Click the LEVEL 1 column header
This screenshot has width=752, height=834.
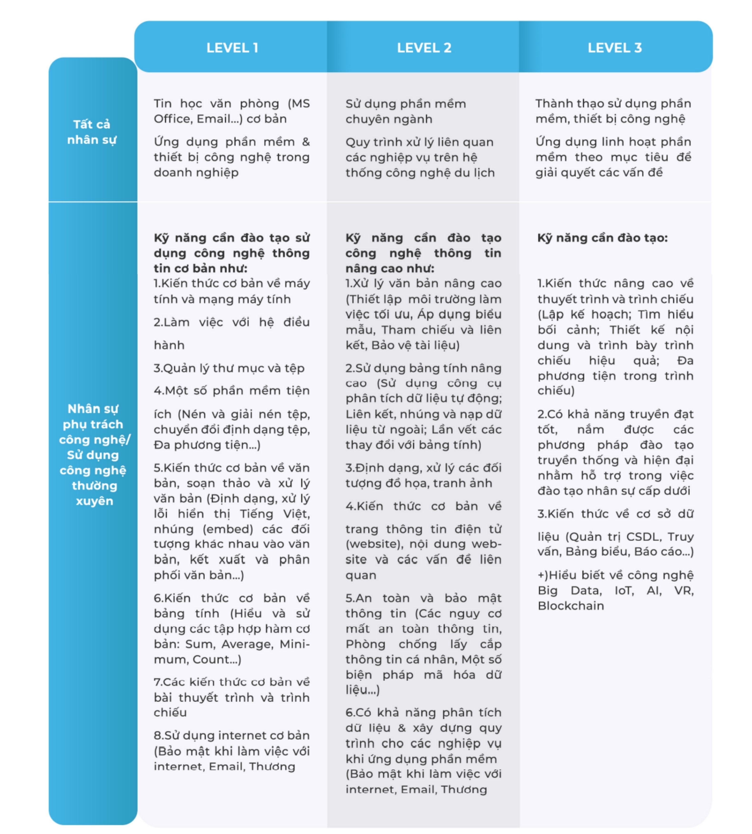pyautogui.click(x=232, y=48)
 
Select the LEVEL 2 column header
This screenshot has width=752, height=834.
pyautogui.click(x=424, y=48)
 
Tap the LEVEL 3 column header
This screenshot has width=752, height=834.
pyautogui.click(x=615, y=48)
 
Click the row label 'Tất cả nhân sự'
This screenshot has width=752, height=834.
pyautogui.click(x=92, y=132)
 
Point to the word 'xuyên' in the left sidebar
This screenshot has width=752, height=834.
pyautogui.click(x=94, y=501)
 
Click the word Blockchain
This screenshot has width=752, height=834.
pyautogui.click(x=571, y=606)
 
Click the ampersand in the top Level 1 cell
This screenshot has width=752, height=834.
pyautogui.click(x=306, y=142)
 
